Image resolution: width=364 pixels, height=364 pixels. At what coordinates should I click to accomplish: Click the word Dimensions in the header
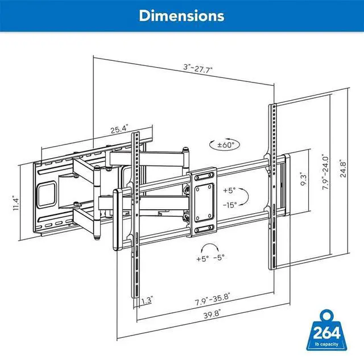[181, 16]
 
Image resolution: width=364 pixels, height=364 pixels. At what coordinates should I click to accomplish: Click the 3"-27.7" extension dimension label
[198, 68]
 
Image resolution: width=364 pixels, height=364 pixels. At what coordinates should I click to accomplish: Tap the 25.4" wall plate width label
[119, 129]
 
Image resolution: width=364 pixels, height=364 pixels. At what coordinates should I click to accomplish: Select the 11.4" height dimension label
[15, 203]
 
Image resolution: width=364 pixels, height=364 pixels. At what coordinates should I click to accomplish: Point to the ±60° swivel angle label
[226, 145]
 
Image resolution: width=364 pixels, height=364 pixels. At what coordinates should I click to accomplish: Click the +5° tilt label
[229, 191]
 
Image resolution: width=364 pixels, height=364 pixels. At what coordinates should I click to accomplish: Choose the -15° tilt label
[230, 205]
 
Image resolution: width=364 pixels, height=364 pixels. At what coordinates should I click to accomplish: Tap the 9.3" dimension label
[304, 179]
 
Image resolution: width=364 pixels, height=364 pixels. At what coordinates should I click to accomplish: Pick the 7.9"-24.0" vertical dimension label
[326, 172]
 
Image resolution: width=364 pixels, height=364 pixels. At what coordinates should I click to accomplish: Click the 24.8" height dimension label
[343, 168]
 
